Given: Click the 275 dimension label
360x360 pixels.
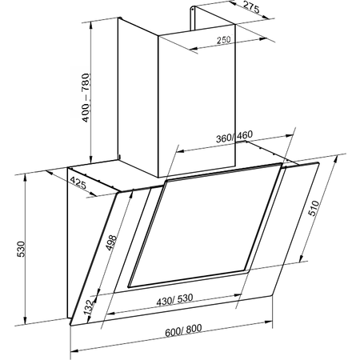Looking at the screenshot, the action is tap(251, 8).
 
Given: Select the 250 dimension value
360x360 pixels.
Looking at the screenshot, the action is tap(223, 40).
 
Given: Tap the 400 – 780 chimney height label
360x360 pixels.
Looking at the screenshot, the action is tap(86, 98).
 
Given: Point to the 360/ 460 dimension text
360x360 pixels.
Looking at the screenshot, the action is tap(234, 136).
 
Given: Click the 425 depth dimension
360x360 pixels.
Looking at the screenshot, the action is tap(78, 183).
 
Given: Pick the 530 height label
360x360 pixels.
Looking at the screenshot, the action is tap(21, 250).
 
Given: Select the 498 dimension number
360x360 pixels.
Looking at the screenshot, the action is tap(111, 242).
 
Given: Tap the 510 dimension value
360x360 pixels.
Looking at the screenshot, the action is tap(314, 208).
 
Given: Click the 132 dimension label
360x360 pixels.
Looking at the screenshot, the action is tap(89, 307).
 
